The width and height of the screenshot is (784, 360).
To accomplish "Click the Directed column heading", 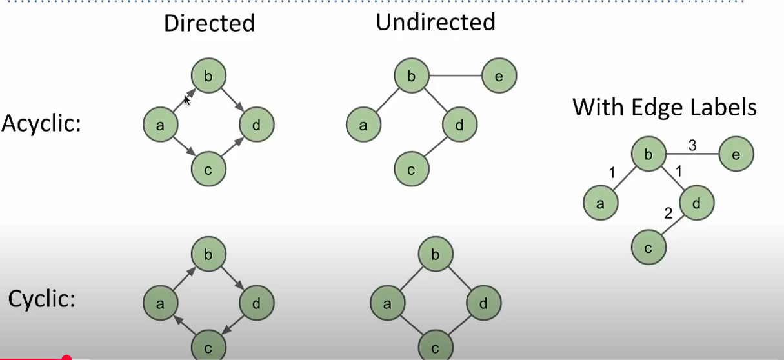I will [209, 23].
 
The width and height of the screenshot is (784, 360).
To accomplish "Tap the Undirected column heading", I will [436, 22].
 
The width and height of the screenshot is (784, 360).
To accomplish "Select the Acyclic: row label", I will [41, 123].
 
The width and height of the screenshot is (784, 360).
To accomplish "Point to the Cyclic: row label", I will [42, 299].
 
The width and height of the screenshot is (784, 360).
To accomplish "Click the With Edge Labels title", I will [664, 107].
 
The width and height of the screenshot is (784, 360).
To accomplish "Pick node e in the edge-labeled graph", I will [736, 154].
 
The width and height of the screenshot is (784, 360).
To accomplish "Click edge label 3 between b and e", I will [692, 145].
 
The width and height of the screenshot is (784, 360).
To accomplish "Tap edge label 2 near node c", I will [669, 214].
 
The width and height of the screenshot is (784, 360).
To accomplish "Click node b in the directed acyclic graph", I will [208, 77].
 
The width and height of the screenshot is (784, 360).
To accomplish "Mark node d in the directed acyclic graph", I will [257, 125].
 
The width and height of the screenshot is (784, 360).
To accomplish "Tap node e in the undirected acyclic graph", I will [499, 77].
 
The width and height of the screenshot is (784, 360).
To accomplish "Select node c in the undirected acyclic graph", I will [412, 170].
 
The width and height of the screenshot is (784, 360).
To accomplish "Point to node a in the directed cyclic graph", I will [160, 302].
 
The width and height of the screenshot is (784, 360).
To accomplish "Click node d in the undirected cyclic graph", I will [483, 302].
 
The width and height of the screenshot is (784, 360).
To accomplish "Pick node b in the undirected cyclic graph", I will [435, 254].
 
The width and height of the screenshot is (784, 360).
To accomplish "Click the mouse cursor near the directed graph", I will [188, 100].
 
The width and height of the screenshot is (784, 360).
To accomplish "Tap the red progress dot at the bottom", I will [66, 357].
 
